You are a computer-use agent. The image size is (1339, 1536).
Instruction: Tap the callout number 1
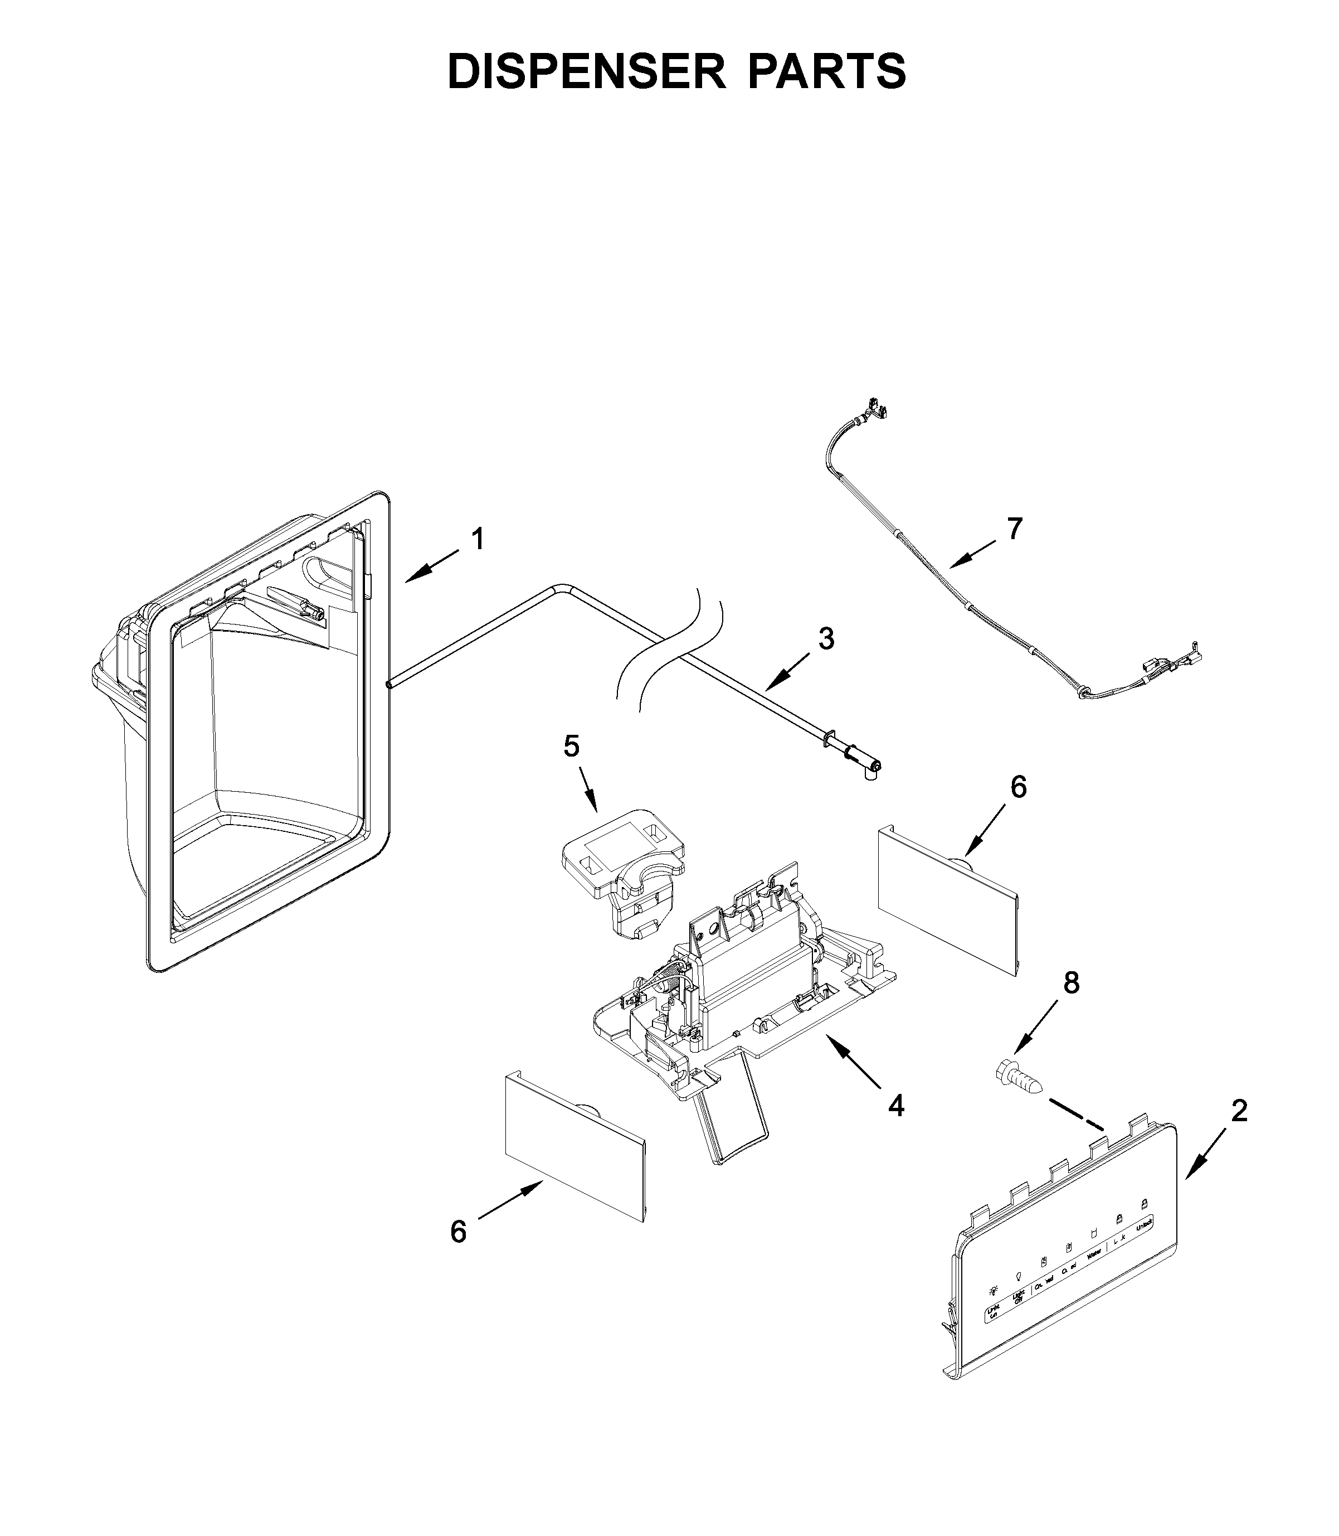pyautogui.click(x=478, y=539)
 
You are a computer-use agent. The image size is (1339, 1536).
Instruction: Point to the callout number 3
pyautogui.click(x=826, y=638)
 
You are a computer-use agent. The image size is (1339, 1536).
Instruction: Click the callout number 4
pyautogui.click(x=896, y=1126)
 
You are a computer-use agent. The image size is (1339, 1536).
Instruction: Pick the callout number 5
pyautogui.click(x=571, y=745)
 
